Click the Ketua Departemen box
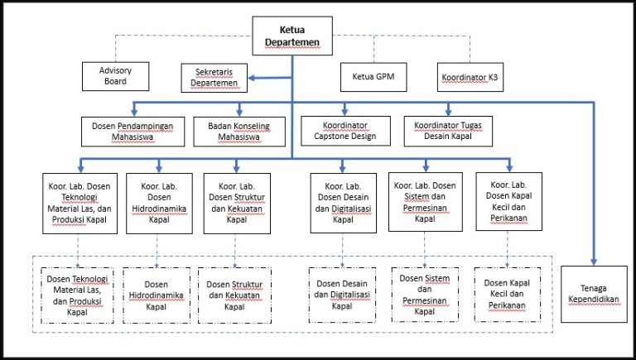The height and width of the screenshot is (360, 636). click(x=292, y=36)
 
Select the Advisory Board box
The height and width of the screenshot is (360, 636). click(x=116, y=76)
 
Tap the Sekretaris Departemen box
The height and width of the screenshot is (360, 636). click(x=214, y=78)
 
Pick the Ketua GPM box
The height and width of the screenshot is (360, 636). click(x=373, y=77)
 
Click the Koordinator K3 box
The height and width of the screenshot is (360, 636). click(x=470, y=77)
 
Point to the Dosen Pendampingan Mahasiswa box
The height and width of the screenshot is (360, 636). click(x=133, y=132)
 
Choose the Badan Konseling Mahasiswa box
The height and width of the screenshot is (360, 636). click(x=239, y=132)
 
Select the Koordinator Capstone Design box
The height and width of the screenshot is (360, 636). click(x=345, y=131)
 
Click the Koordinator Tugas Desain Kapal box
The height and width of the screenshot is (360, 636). click(x=448, y=131)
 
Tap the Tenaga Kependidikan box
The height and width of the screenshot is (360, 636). click(x=594, y=295)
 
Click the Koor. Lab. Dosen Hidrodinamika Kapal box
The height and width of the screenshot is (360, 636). click(x=159, y=204)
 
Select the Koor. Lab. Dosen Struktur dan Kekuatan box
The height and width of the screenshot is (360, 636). click(x=237, y=204)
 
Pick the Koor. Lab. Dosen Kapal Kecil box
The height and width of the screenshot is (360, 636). click(x=509, y=201)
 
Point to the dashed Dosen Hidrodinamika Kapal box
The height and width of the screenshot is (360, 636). click(x=157, y=295)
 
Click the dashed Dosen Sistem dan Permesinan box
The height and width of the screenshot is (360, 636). click(x=425, y=295)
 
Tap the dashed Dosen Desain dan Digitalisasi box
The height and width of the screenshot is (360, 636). click(x=342, y=295)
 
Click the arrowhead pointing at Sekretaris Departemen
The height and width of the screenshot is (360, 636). click(x=252, y=78)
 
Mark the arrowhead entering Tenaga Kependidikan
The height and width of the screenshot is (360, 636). click(x=594, y=262)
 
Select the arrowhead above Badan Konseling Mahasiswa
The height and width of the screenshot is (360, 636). click(x=239, y=113)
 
